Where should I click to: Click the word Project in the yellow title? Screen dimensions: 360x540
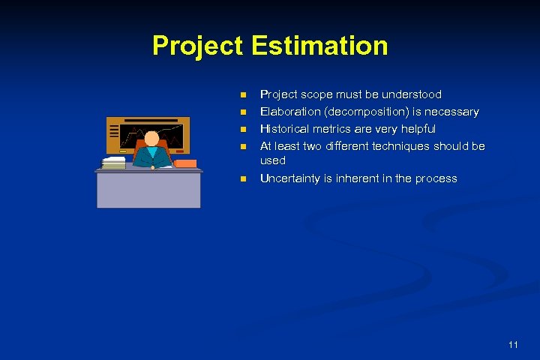(197, 46)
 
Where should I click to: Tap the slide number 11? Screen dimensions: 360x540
(513, 345)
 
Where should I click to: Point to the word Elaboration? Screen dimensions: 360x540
(289, 112)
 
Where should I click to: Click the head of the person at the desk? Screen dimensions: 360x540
(151, 139)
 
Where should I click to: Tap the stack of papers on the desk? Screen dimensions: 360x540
(114, 163)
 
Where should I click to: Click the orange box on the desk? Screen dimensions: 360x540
(184, 163)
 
